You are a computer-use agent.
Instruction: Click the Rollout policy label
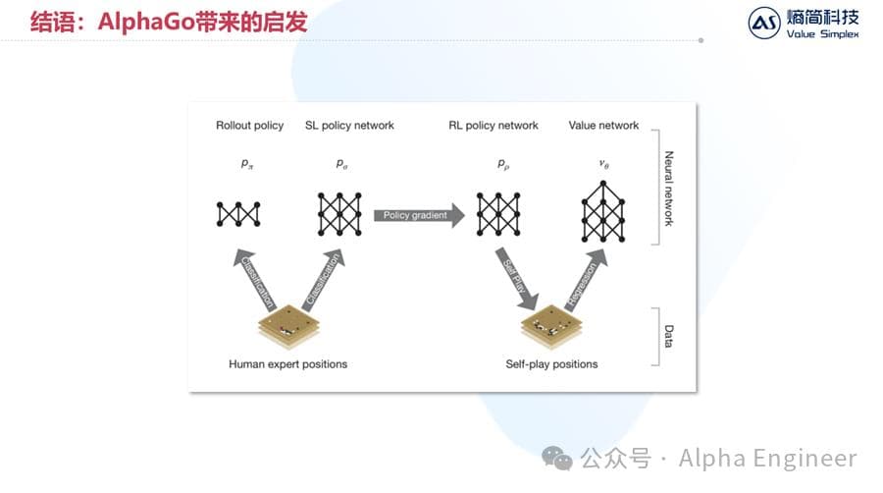(249, 126)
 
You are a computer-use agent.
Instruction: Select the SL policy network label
(350, 126)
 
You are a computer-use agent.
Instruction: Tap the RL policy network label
(493, 126)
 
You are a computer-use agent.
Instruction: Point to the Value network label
(603, 126)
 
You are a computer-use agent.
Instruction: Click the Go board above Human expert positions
(287, 325)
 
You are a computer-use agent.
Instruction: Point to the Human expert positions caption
(287, 364)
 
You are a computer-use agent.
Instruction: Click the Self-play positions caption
(551, 364)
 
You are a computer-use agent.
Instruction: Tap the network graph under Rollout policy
(238, 214)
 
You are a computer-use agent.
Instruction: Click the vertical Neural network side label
(669, 190)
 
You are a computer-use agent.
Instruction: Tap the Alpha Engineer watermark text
(767, 458)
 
